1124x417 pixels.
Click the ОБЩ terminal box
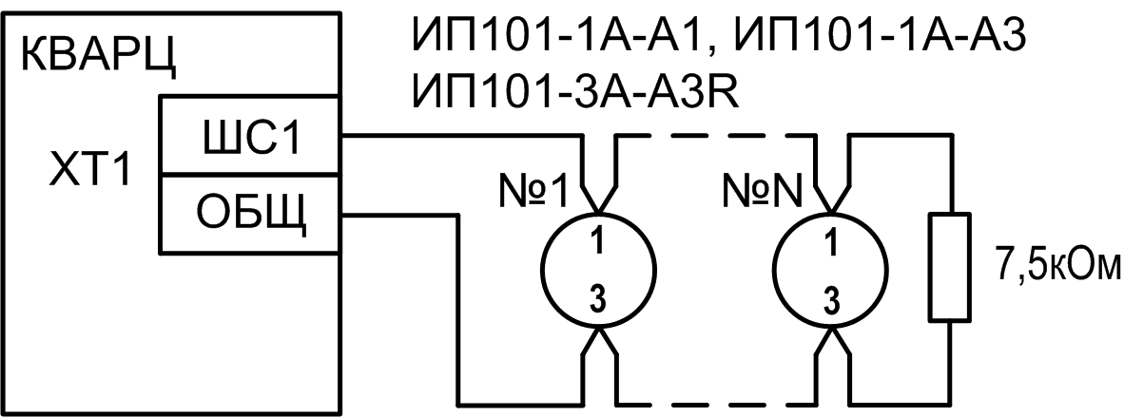pos(250,213)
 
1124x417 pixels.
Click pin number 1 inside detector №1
pos(596,243)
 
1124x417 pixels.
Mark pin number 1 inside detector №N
pos(830,243)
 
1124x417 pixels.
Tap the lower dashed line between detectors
pos(713,399)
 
